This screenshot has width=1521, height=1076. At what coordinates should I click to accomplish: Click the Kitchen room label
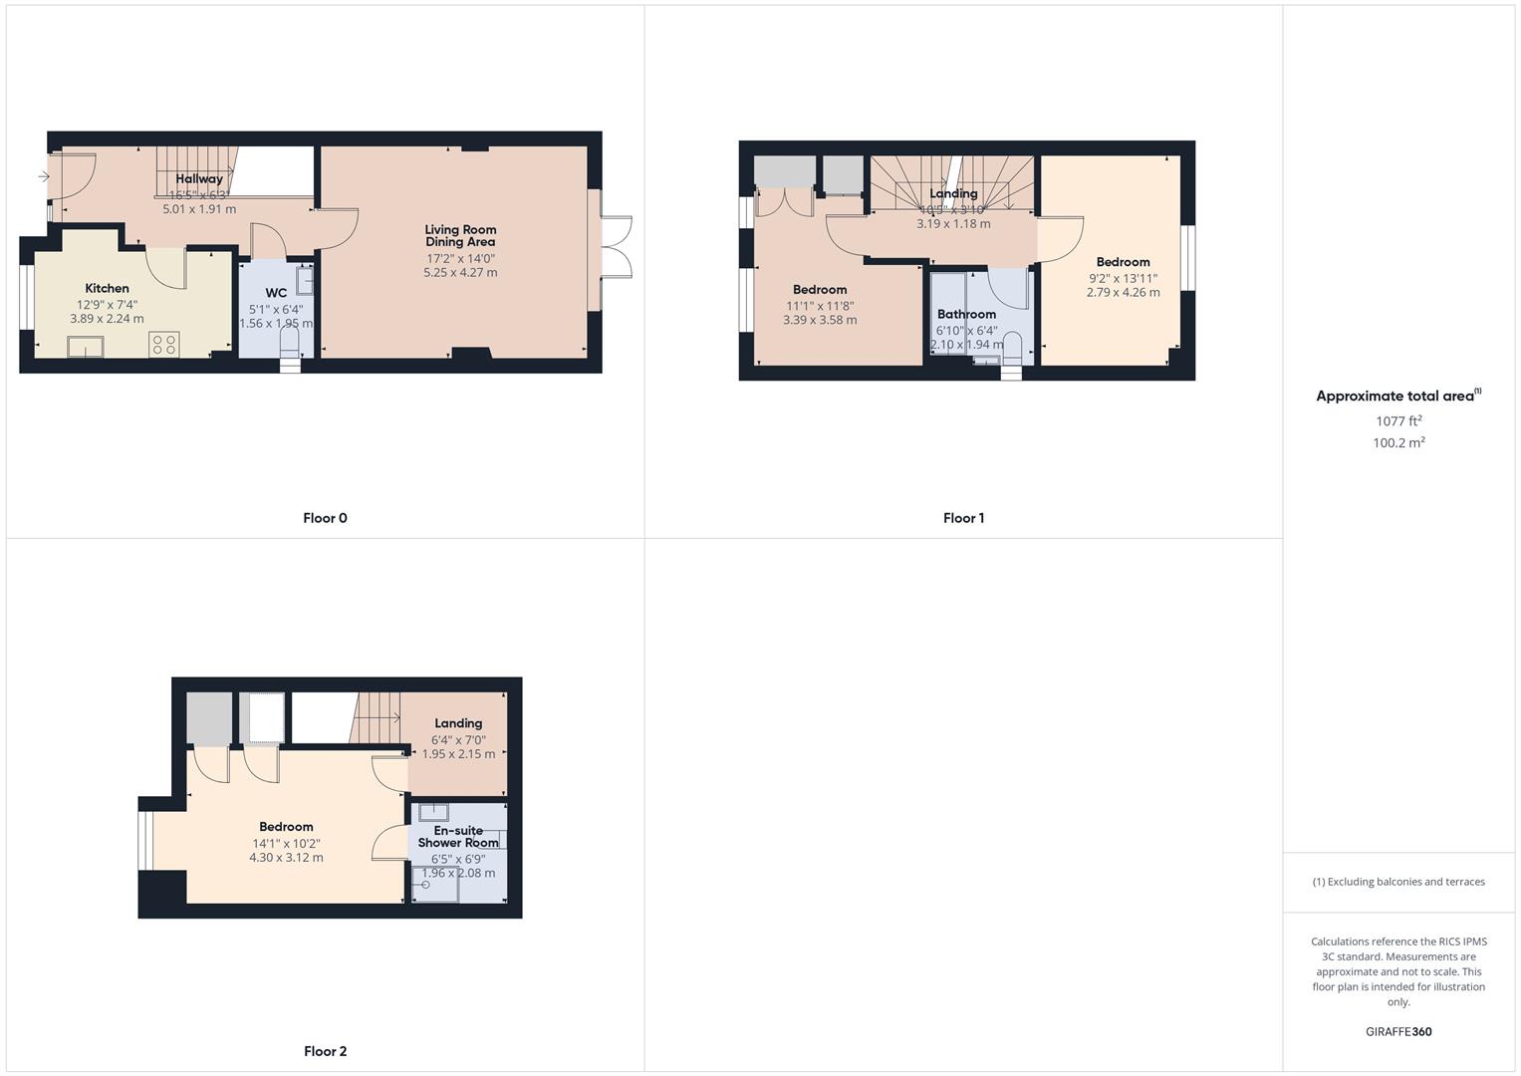coord(107,289)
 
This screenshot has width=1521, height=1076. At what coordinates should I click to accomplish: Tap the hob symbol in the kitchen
coord(164,345)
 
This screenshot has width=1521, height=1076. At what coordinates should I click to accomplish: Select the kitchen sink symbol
coord(86,346)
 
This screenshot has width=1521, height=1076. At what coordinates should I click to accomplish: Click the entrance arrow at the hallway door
coord(43,177)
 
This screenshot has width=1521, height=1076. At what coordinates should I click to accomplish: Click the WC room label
coord(276,293)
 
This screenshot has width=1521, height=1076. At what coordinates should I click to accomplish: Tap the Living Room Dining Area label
coord(460,236)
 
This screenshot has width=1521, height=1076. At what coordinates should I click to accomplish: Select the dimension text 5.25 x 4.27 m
coord(460,273)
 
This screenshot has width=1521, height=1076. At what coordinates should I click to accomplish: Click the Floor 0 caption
coord(325,518)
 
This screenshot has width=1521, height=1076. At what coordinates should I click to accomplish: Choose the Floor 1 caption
coord(963,518)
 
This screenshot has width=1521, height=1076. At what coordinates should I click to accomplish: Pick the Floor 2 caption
coord(325,1051)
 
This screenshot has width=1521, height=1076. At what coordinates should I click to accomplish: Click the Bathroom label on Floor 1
coord(966,315)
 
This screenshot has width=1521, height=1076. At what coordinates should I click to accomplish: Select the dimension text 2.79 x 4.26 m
coord(1123,293)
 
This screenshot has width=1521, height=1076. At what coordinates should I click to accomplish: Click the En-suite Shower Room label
coord(458,837)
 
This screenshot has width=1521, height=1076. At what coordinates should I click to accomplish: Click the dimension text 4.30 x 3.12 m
coord(286,858)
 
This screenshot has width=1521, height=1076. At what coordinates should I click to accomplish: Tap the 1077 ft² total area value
coord(1398,421)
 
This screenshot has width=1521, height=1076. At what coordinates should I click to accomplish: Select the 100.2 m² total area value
coord(1398,443)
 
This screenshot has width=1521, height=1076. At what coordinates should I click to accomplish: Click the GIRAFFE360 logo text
coord(1398,1032)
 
